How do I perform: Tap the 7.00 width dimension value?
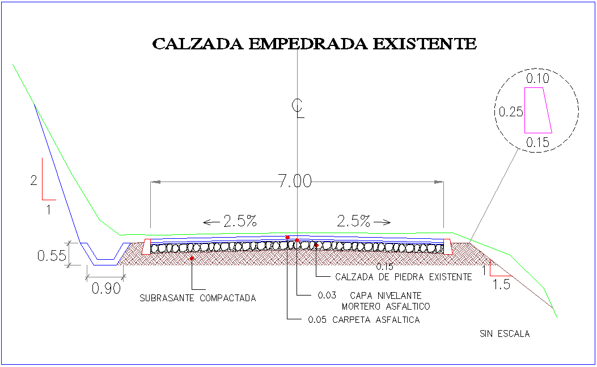click(x=295, y=182)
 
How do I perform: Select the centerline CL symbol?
click(x=297, y=108)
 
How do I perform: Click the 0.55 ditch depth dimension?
click(x=52, y=255)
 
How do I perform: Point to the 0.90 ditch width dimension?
click(x=106, y=288)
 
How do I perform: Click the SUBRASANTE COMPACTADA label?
click(x=198, y=298)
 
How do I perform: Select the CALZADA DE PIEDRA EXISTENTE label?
click(x=404, y=277)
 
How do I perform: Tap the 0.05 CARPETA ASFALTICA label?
click(x=363, y=320)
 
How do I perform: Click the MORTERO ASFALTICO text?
click(x=386, y=306)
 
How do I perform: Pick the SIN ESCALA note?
click(x=504, y=334)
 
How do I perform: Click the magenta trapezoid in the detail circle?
click(x=537, y=110)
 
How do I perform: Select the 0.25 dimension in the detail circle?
click(x=510, y=112)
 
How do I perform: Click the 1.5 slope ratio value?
click(x=502, y=284)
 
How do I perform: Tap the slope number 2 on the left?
click(x=34, y=181)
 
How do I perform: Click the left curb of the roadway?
click(x=146, y=246)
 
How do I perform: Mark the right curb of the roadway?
click(x=448, y=246)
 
